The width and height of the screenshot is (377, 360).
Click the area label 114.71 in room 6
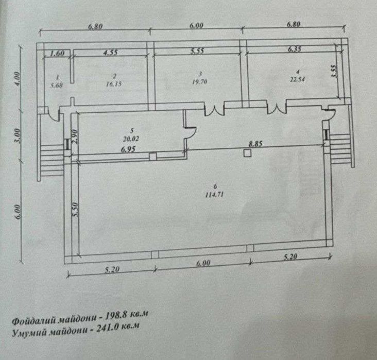tap(214, 194)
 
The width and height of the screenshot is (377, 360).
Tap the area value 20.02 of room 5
tap(131, 139)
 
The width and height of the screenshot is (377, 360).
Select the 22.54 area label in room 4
tap(297, 79)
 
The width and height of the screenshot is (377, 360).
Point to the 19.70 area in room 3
tap(199, 82)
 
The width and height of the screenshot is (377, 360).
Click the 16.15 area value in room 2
tap(114, 84)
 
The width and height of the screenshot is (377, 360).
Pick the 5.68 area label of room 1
tap(57, 85)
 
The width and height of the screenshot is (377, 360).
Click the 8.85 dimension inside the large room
tap(255, 144)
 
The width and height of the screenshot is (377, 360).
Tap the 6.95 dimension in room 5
tap(128, 149)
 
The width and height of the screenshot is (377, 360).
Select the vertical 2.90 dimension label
tap(75, 136)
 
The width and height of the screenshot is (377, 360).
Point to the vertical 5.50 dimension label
tap(75, 210)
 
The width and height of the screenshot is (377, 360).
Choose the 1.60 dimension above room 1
tap(57, 54)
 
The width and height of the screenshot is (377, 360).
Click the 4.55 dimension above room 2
tap(110, 53)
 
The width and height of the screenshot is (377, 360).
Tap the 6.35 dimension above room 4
tap(295, 49)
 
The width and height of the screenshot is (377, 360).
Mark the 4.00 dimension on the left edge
tap(18, 78)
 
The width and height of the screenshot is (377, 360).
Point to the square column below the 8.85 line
tap(247, 153)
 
